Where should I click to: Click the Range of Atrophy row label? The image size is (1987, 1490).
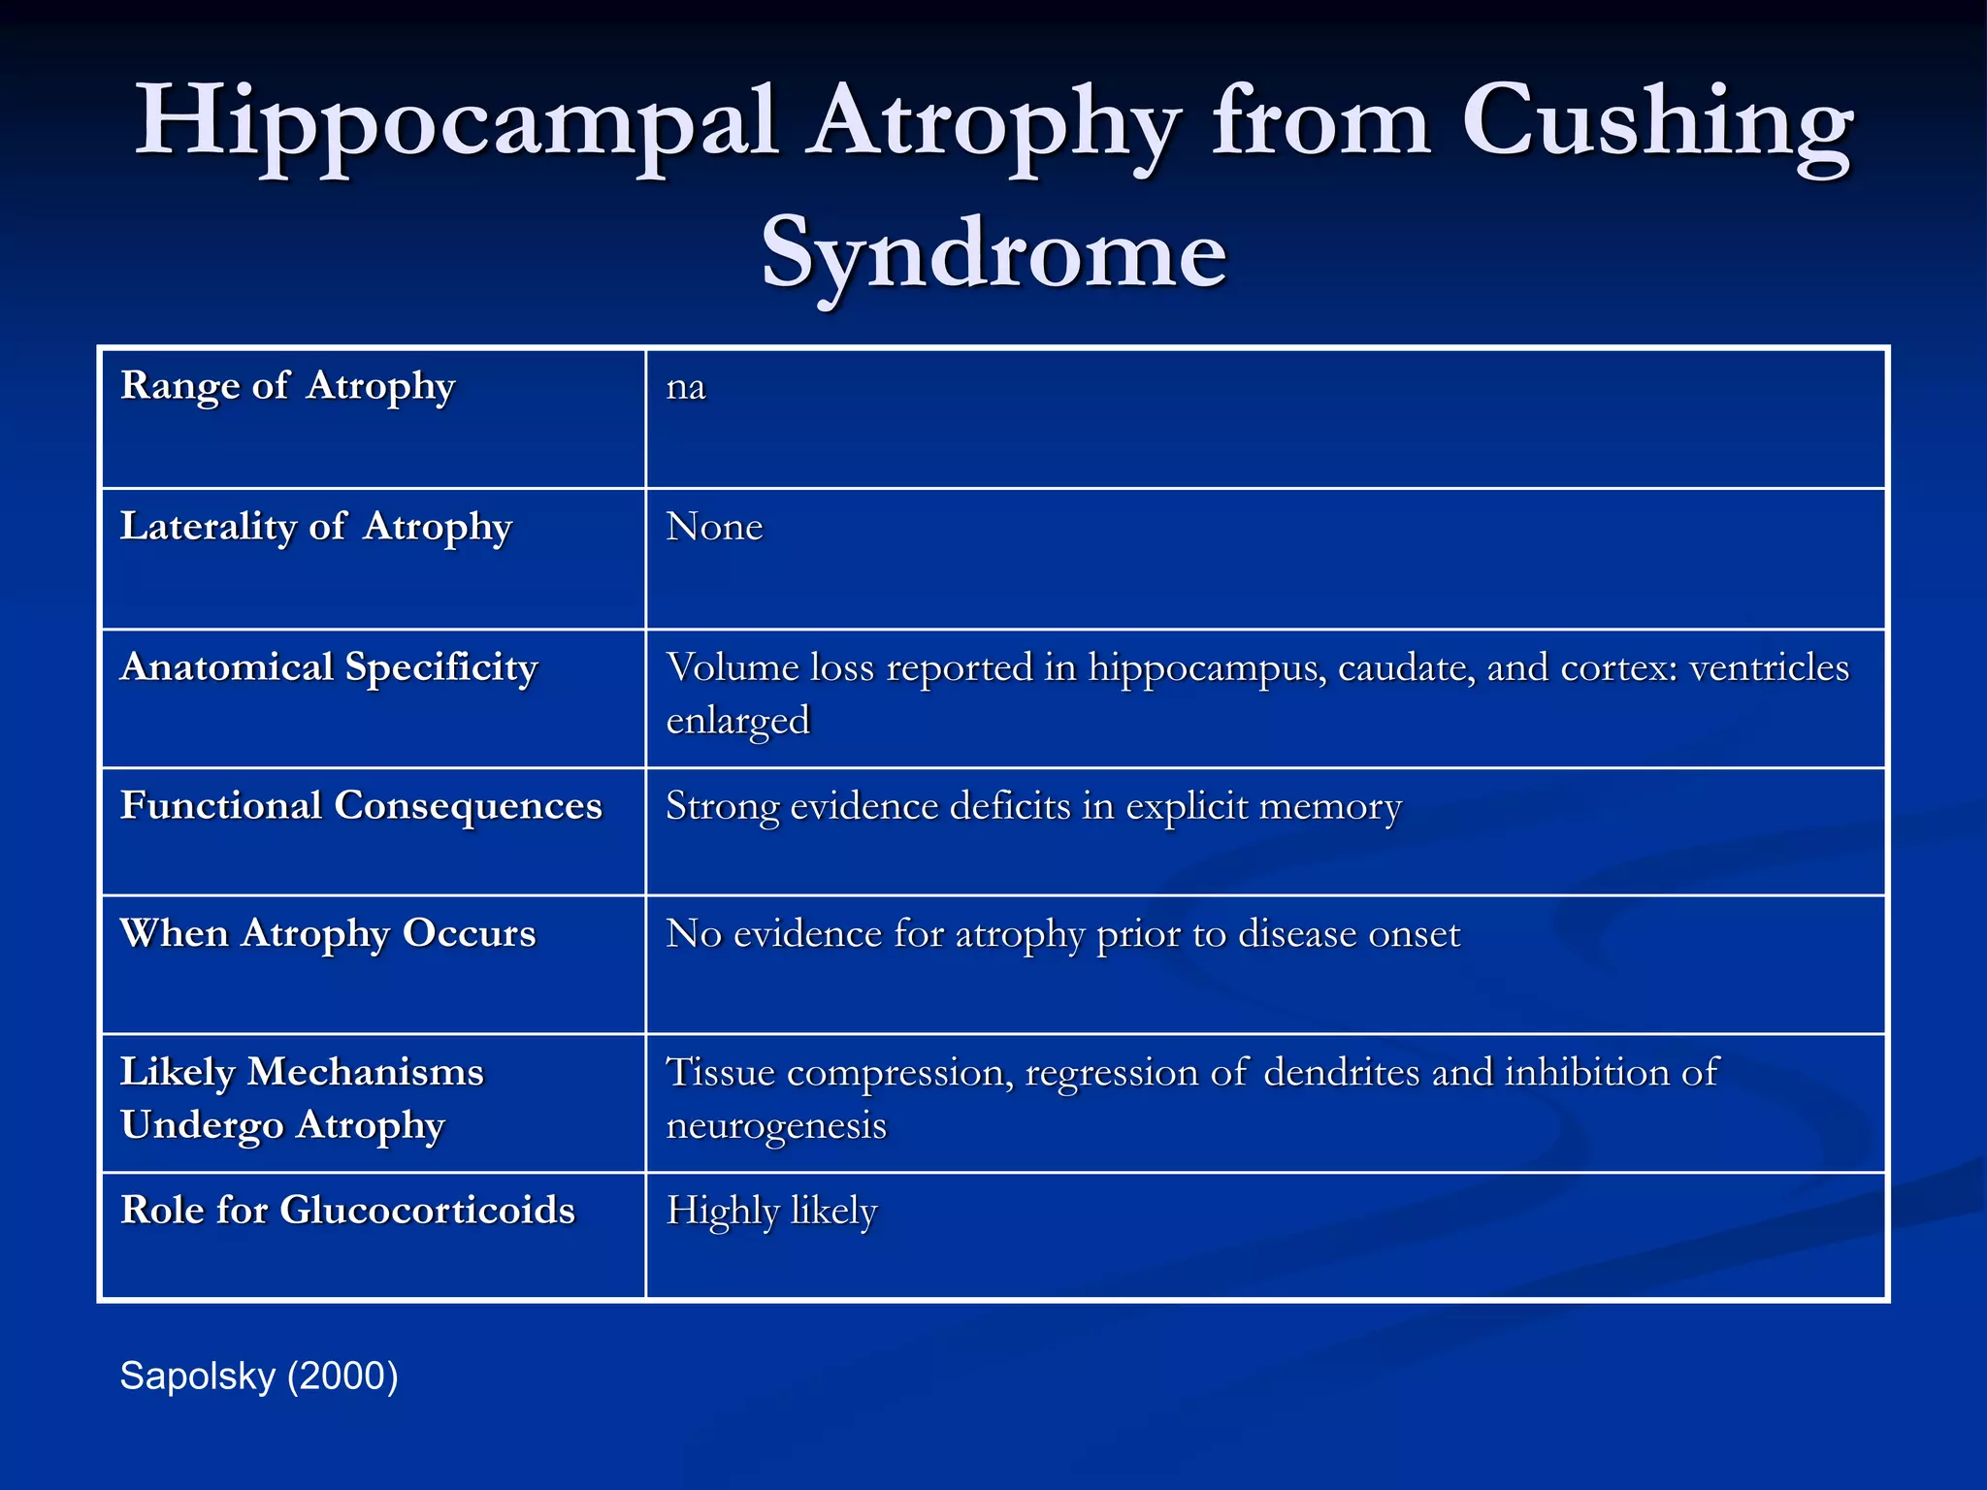287,386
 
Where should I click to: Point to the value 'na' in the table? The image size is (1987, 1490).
686,387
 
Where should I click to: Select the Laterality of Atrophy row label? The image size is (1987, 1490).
315,527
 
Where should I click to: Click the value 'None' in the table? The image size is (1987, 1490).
714,527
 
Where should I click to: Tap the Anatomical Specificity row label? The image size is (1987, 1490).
329,667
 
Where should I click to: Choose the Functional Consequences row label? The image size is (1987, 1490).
361,806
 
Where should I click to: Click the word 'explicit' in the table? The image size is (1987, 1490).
1186,807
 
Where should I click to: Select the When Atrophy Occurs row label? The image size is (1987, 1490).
328,933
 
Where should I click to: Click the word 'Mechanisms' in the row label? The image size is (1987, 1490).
365,1072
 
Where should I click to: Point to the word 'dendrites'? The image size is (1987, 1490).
1341,1073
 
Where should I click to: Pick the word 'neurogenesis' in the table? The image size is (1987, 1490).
776,1126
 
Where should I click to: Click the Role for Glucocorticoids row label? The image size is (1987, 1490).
347,1211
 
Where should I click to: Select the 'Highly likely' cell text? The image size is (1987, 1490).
771,1212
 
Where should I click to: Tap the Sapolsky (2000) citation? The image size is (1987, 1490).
258,1377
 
